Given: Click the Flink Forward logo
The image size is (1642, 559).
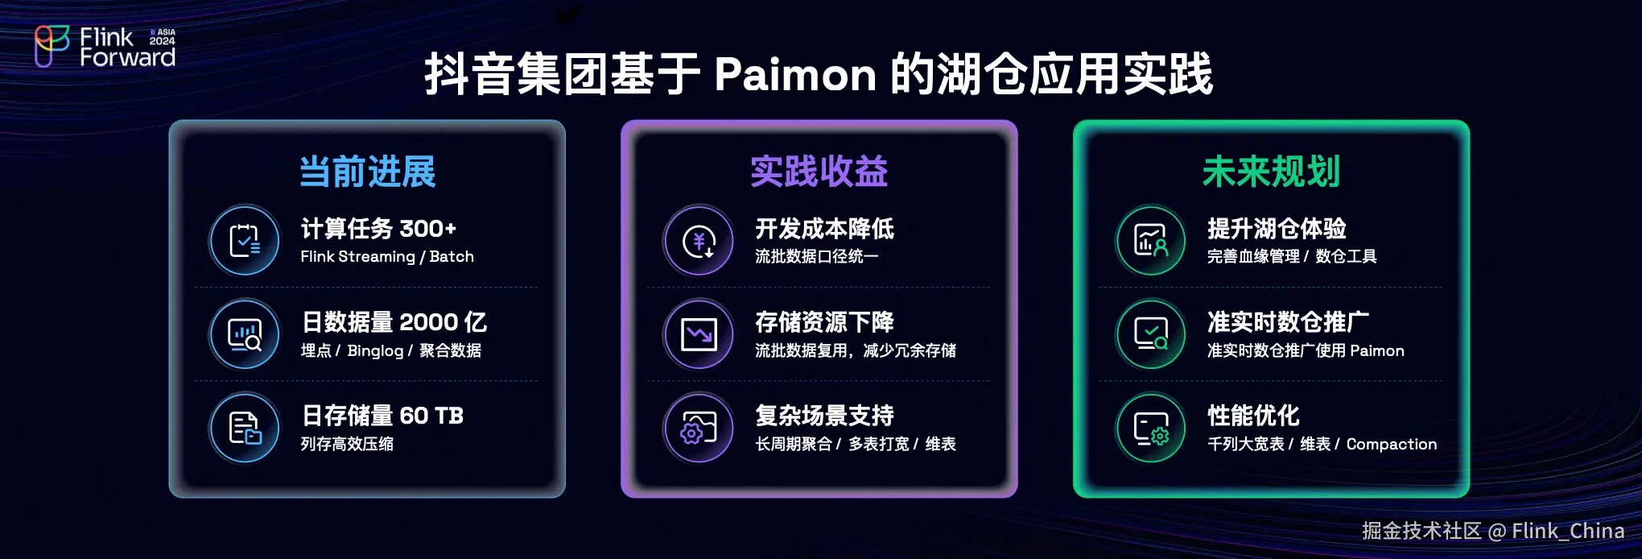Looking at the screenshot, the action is click(x=105, y=47).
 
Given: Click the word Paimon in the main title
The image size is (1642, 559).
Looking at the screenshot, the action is click(x=794, y=75).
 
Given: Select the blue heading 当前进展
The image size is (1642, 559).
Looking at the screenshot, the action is click(x=367, y=172).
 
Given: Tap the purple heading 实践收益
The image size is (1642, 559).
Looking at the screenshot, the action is click(x=819, y=172).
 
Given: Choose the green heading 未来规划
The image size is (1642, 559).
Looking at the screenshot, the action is click(x=1271, y=172).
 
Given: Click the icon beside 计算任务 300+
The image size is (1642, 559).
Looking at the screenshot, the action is click(x=245, y=240).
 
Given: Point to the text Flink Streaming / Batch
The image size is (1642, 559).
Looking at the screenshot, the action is click(x=386, y=257).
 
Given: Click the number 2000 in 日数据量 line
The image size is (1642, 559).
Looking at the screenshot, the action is click(x=428, y=322).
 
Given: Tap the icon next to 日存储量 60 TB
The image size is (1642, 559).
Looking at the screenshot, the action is click(x=245, y=428).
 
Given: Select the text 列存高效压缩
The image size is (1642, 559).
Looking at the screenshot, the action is click(x=347, y=444).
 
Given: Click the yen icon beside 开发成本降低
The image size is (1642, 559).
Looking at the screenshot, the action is click(x=699, y=240).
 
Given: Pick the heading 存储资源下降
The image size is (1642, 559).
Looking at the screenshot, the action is click(x=824, y=322).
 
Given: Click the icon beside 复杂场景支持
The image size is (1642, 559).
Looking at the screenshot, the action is click(x=699, y=428).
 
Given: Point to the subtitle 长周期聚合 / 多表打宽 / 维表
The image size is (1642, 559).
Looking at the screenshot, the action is click(x=855, y=444).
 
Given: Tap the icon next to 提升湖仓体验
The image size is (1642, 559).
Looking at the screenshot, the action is click(x=1151, y=240).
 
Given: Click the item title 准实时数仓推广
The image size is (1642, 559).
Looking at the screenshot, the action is click(x=1288, y=322).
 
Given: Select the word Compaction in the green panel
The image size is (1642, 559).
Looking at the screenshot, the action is click(x=1391, y=444).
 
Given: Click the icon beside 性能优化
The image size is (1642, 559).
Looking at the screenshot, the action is click(x=1151, y=428).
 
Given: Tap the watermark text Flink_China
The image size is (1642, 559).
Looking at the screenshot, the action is click(x=1567, y=532).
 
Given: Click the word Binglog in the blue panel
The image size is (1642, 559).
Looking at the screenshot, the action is click(x=375, y=350).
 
